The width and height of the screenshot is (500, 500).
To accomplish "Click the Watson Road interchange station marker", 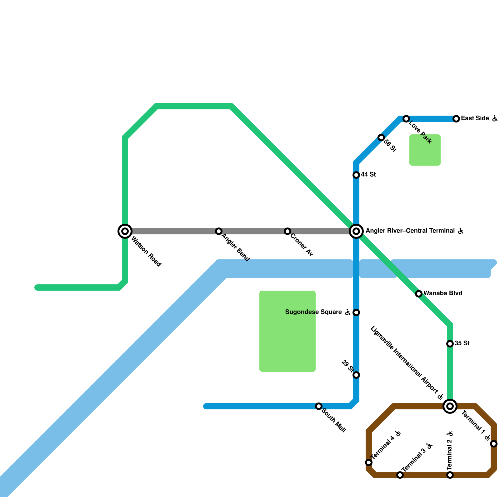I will pyautogui.click(x=125, y=231).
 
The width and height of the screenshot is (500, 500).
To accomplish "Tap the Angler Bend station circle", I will pyautogui.click(x=219, y=231).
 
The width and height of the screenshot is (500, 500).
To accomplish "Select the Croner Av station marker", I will pyautogui.click(x=287, y=231).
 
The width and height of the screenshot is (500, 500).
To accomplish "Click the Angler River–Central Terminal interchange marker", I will pyautogui.click(x=356, y=231).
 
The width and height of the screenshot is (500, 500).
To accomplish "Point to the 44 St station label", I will pyautogui.click(x=368, y=175).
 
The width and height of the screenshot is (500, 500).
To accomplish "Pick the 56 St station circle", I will pyautogui.click(x=381, y=137).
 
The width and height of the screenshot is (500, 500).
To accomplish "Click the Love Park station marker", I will pyautogui.click(x=406, y=119).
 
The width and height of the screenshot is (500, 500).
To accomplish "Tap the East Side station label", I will pyautogui.click(x=475, y=118).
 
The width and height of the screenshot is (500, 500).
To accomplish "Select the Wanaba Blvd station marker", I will pyautogui.click(x=419, y=294).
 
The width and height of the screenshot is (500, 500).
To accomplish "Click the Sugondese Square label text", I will pyautogui.click(x=313, y=312).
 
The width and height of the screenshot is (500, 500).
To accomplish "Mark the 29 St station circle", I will pyautogui.click(x=356, y=375).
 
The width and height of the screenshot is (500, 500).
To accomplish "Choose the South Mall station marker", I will pyautogui.click(x=319, y=406).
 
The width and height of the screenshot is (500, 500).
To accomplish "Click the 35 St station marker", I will pyautogui.click(x=450, y=344).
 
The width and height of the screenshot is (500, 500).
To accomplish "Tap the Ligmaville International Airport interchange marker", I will pyautogui.click(x=450, y=406).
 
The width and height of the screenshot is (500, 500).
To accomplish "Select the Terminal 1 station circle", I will pyautogui.click(x=494, y=444).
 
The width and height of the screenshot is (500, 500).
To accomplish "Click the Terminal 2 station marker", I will pyautogui.click(x=450, y=475).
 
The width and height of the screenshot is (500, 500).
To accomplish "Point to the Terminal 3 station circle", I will pyautogui.click(x=400, y=475).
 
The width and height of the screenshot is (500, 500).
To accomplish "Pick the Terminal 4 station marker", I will pyautogui.click(x=369, y=462).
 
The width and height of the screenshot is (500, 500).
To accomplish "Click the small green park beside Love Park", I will pyautogui.click(x=425, y=150).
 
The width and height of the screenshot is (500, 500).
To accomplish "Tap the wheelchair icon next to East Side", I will pyautogui.click(x=495, y=118).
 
